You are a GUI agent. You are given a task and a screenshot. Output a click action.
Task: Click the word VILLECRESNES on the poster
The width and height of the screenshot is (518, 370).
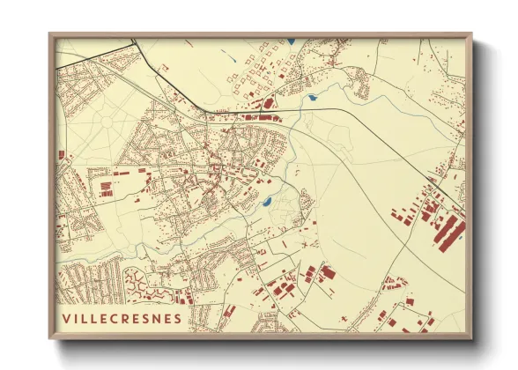[122, 317]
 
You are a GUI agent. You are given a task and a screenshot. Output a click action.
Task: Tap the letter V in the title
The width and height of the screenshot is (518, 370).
[67, 317]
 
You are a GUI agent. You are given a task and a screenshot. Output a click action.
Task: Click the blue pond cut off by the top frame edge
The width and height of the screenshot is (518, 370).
[291, 41]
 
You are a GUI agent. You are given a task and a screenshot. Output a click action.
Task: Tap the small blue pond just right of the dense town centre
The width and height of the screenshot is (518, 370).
[265, 203]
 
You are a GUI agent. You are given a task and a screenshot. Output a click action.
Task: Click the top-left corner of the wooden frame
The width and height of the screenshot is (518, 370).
[50, 34]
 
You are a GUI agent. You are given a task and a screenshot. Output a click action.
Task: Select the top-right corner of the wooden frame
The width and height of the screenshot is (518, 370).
[470, 34]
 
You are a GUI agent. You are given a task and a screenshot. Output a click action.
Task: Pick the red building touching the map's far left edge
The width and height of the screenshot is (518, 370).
[61, 155]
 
